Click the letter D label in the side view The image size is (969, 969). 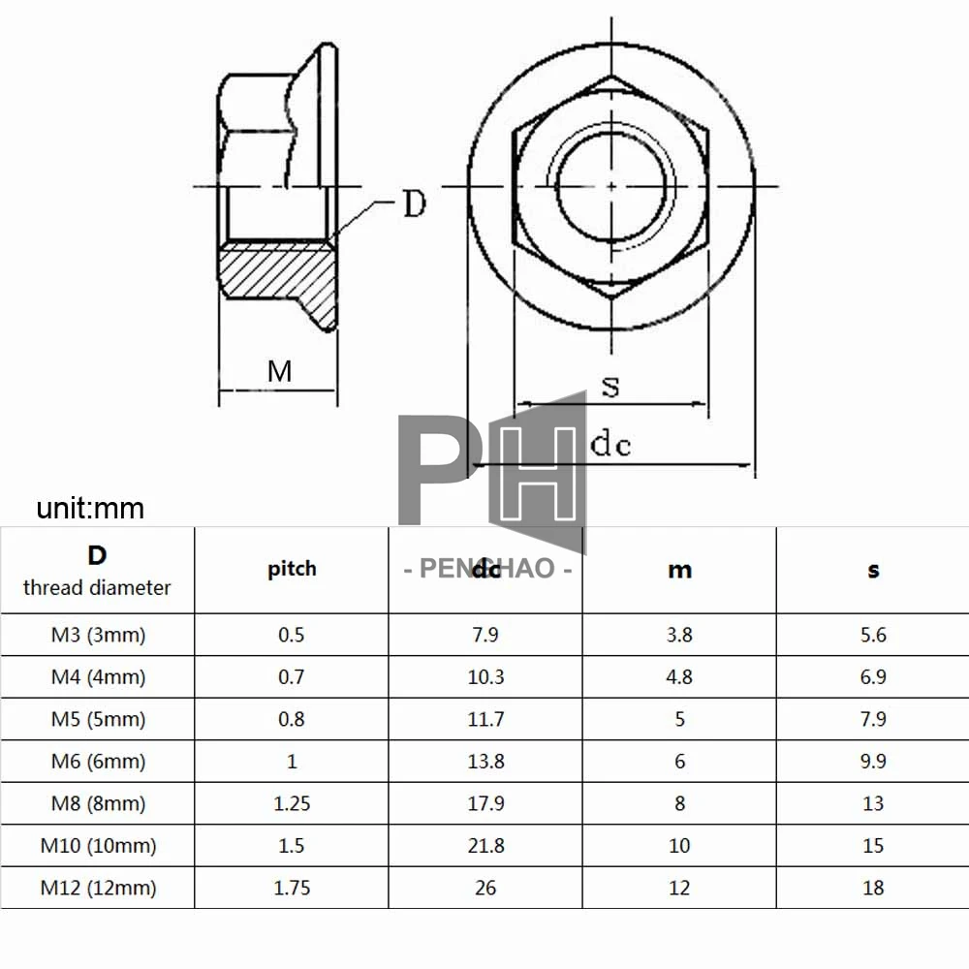(x=414, y=204)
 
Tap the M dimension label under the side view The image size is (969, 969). (x=279, y=370)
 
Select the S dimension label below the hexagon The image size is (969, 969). (x=610, y=386)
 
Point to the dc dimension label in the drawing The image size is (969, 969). (x=610, y=444)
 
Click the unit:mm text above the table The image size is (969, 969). (x=90, y=508)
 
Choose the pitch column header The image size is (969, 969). (x=292, y=569)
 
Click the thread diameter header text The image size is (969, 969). (x=97, y=587)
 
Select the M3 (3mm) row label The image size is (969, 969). (x=98, y=636)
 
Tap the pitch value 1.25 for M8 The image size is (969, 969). (x=292, y=803)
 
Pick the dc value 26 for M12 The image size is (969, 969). (x=485, y=888)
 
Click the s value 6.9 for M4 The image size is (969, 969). (x=873, y=677)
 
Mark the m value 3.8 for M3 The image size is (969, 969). (x=679, y=636)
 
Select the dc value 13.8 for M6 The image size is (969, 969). (x=485, y=762)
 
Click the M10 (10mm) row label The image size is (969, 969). (x=98, y=846)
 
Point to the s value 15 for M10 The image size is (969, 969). (x=873, y=846)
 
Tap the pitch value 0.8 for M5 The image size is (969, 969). (x=292, y=719)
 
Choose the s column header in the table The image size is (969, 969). (x=873, y=570)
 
